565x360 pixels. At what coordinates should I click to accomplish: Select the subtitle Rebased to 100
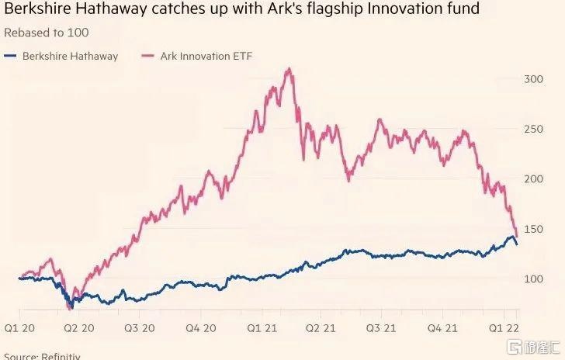[x=47, y=33]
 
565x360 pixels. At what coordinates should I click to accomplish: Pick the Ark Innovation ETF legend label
[x=206, y=56]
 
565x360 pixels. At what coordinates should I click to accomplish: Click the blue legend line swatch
[x=11, y=56]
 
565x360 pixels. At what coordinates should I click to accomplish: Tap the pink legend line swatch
[x=147, y=56]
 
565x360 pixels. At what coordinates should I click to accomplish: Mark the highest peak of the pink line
[x=289, y=69]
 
